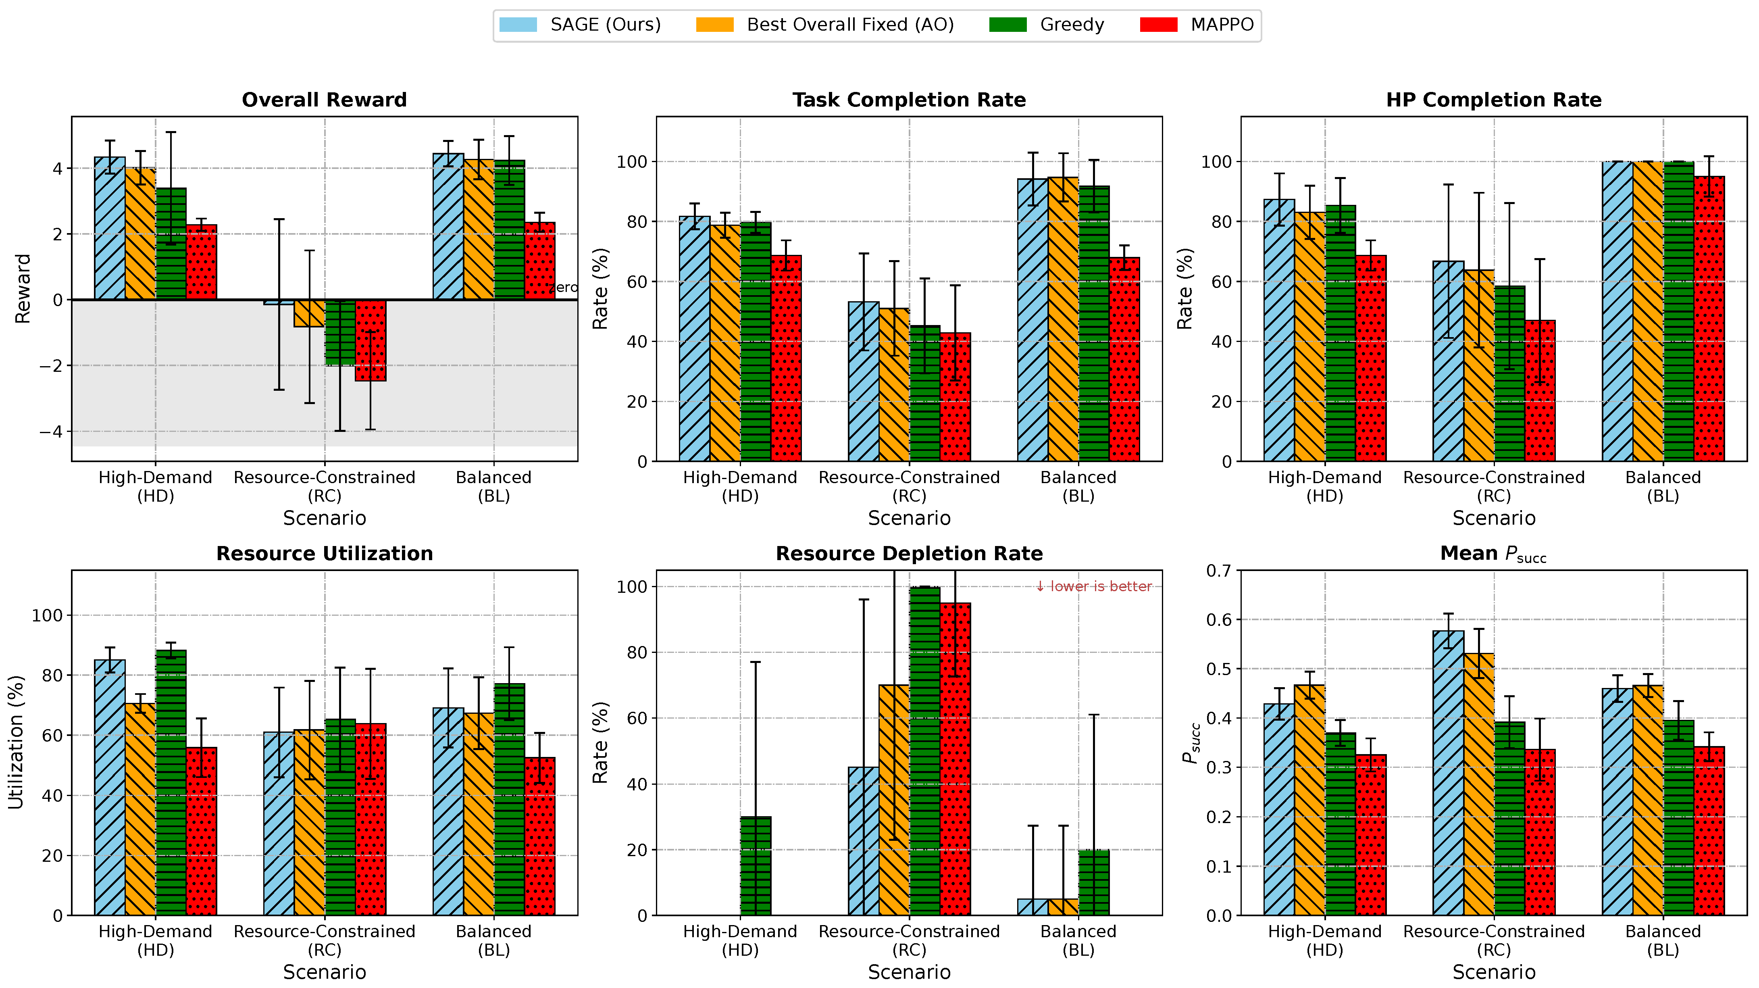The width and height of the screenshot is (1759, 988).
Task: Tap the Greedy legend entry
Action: point(1047,25)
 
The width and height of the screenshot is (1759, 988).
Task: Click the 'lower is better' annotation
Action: point(1093,586)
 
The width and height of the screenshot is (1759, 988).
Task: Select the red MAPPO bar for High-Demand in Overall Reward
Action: point(202,262)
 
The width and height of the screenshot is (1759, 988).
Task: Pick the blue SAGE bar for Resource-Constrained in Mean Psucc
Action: point(1448,773)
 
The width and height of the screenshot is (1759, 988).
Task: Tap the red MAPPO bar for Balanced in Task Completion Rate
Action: point(1124,359)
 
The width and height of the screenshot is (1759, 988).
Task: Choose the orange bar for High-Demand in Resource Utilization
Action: point(141,809)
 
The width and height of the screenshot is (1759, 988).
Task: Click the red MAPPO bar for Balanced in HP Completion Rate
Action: point(1709,319)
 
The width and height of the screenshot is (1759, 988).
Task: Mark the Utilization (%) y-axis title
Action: point(17,742)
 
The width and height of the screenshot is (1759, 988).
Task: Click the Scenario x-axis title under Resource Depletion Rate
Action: point(909,971)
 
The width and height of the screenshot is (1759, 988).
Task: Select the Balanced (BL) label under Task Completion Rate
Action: point(1078,486)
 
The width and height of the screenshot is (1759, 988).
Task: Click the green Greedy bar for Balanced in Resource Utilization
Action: point(510,800)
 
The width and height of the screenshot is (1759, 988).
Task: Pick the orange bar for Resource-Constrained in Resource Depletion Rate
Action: point(894,800)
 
